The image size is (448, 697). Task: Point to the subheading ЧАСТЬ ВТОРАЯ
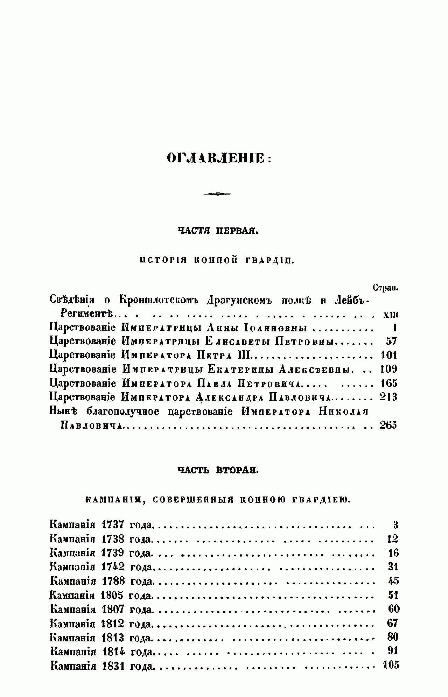(218, 470)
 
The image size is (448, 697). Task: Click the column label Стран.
(386, 288)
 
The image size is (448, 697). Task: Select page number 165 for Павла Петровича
(388, 383)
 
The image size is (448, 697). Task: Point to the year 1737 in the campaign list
(113, 525)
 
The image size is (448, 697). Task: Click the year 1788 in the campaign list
(113, 581)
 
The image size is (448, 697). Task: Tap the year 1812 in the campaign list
(113, 624)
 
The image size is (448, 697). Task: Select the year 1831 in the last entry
(113, 666)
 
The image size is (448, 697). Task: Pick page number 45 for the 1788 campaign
(393, 581)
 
